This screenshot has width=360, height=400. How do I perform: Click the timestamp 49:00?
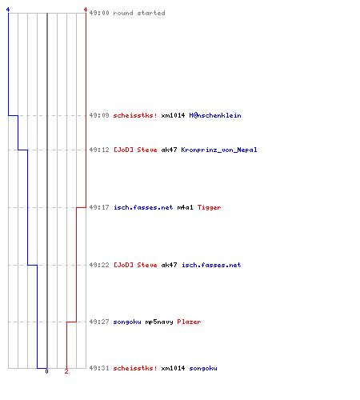click(x=99, y=13)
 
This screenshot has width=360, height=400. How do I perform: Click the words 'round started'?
click(x=139, y=13)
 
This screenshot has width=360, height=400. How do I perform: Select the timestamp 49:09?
click(x=99, y=115)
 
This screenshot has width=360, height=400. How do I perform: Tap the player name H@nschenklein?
click(x=215, y=115)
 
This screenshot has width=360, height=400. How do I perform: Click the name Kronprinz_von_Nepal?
click(x=219, y=150)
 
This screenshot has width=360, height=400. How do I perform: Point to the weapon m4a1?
click(x=185, y=207)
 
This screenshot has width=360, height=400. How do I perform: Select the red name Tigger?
click(x=209, y=207)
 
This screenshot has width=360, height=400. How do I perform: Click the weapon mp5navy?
click(x=159, y=322)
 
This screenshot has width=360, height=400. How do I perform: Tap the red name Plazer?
click(x=189, y=322)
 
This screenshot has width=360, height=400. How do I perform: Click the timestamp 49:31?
click(x=99, y=368)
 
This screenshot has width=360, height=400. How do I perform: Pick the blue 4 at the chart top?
click(x=8, y=10)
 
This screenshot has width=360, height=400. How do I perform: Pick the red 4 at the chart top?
click(x=86, y=10)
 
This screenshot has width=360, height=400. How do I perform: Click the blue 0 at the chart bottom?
click(x=46, y=371)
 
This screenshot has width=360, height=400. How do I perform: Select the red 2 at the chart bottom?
click(x=66, y=371)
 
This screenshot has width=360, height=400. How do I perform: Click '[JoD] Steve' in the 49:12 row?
click(x=135, y=150)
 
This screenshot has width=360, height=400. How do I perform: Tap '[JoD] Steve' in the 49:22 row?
click(x=135, y=265)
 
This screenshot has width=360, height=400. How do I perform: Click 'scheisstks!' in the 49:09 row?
click(x=135, y=115)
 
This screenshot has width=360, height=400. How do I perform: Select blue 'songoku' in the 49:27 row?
click(x=127, y=322)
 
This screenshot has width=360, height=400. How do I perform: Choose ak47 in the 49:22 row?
click(x=169, y=265)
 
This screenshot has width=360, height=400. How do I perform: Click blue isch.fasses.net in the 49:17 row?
click(x=143, y=207)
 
